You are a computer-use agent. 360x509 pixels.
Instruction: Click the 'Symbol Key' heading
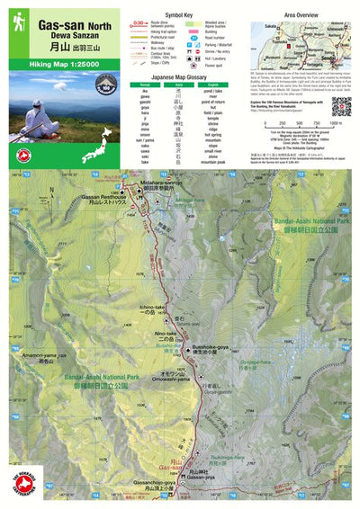coord(189,14)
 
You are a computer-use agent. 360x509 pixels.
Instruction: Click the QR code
coord(340,106)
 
